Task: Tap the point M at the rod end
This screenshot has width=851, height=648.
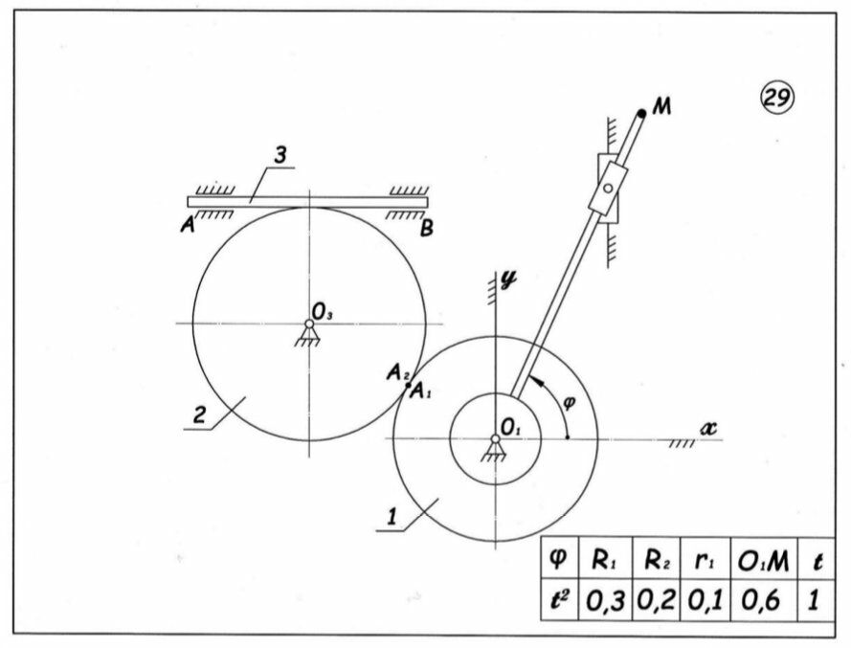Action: coord(641,113)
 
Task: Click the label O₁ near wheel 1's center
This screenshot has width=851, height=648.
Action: coord(510,426)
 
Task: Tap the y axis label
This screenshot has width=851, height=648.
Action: coord(508,280)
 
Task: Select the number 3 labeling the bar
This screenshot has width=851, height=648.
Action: coord(279,157)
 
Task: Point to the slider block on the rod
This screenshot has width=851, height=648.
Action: coord(607,190)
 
